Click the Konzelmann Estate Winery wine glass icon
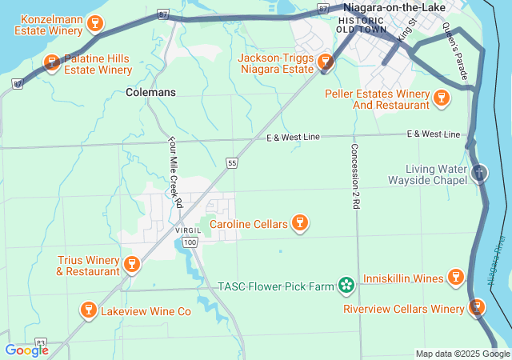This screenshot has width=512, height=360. (95, 23)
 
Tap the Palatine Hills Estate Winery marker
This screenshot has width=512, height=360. (52, 62)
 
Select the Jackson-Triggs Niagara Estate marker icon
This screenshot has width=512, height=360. (326, 62)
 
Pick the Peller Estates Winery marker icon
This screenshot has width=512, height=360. (439, 98)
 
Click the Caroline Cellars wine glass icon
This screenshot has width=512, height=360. (300, 223)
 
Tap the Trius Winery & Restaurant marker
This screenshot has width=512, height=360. (133, 263)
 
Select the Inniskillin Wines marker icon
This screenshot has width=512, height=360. (455, 278)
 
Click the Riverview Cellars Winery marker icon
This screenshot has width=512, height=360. (477, 307)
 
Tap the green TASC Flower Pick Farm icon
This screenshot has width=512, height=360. (346, 285)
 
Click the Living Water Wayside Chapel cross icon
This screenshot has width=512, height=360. (479, 172)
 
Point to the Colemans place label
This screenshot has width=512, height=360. (150, 92)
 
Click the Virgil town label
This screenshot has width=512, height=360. (188, 230)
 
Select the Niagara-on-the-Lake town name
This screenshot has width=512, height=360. (394, 6)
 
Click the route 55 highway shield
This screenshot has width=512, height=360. (232, 163)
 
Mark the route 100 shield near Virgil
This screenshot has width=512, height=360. (190, 242)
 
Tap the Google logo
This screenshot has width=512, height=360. (26, 350)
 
